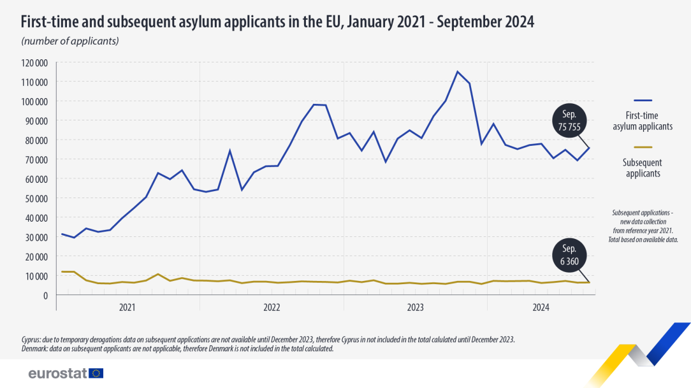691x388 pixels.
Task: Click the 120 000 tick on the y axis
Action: click(34, 62)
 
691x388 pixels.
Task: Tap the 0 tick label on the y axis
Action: click(45, 296)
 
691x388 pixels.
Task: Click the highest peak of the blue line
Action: click(457, 71)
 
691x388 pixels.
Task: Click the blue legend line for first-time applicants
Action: click(643, 101)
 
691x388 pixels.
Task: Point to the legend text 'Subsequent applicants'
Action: click(643, 168)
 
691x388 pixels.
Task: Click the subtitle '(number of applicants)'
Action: click(70, 41)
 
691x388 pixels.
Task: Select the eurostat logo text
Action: click(58, 373)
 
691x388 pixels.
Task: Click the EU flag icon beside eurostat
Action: click(97, 373)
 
